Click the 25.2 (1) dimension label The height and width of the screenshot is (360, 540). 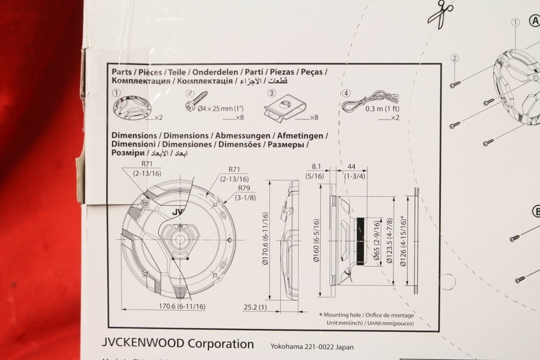(255, 307)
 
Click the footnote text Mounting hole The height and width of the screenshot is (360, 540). (344, 315)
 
